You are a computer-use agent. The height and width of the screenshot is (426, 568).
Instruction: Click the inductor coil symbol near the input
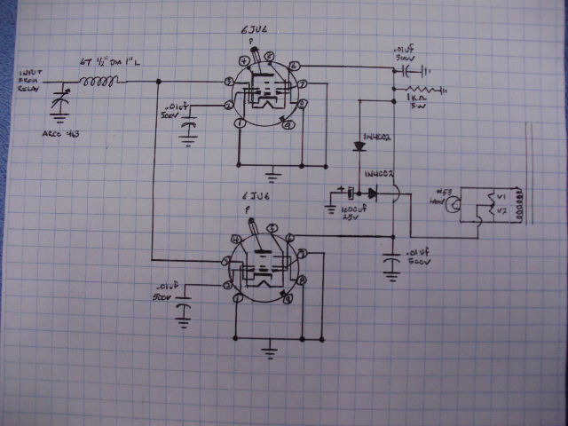coord(99,83)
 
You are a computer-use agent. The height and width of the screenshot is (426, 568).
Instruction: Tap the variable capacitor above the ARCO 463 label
coord(60,98)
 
